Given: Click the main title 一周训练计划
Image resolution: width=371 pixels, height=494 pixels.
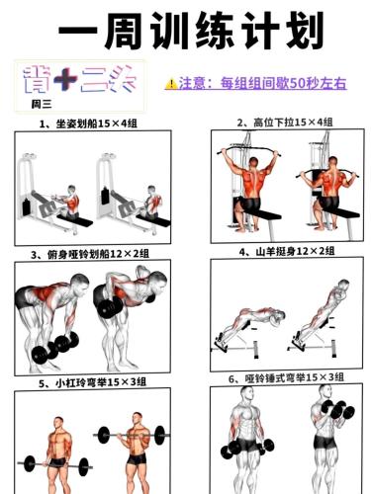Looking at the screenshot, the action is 191,32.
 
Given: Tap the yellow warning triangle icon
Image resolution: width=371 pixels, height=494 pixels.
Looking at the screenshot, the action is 171,84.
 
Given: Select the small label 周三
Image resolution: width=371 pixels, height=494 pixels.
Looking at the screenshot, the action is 42,105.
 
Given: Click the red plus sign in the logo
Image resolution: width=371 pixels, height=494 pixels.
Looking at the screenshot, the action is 65,79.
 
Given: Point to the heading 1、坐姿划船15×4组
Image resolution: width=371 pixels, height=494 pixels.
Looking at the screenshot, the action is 88,123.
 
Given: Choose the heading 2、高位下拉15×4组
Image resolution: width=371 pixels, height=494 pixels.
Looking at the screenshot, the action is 285,123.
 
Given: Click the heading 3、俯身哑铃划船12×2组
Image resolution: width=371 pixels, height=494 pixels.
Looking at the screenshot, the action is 90,254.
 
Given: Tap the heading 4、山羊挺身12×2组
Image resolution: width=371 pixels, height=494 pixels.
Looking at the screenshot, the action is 287,252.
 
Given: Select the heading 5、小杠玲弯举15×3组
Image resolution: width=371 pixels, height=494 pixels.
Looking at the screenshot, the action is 92,382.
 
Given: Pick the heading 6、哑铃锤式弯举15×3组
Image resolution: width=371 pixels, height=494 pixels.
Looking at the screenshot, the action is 286,377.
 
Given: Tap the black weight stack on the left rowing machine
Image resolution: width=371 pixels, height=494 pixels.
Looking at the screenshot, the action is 26,206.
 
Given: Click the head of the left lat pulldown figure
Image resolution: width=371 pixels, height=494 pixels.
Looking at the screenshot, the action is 253,163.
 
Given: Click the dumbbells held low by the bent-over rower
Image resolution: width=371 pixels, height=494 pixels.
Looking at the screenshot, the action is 55,348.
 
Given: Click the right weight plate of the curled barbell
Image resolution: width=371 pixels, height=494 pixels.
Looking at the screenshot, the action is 159,436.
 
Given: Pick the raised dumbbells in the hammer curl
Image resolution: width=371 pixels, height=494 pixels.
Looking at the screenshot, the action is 337,410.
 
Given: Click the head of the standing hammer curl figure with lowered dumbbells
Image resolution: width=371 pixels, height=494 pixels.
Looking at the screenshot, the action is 246,393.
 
